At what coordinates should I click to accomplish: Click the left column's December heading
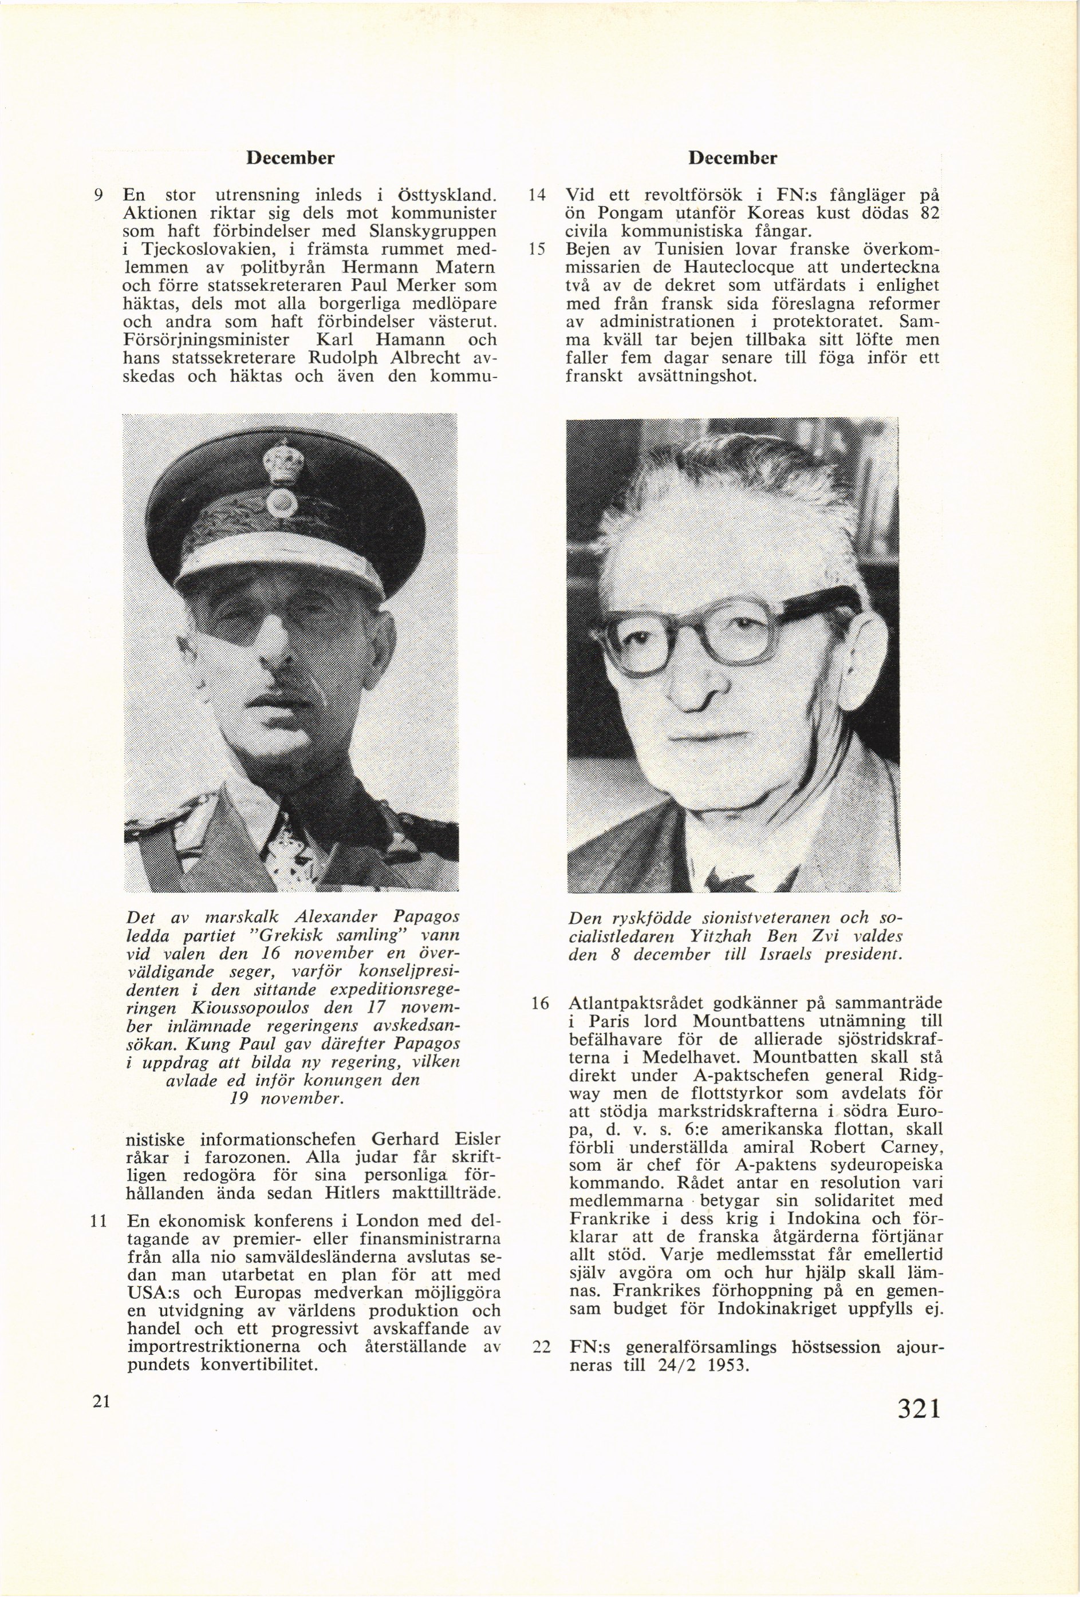(x=290, y=158)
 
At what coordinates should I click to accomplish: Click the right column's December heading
(x=732, y=158)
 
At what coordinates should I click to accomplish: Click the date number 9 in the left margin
(x=99, y=195)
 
